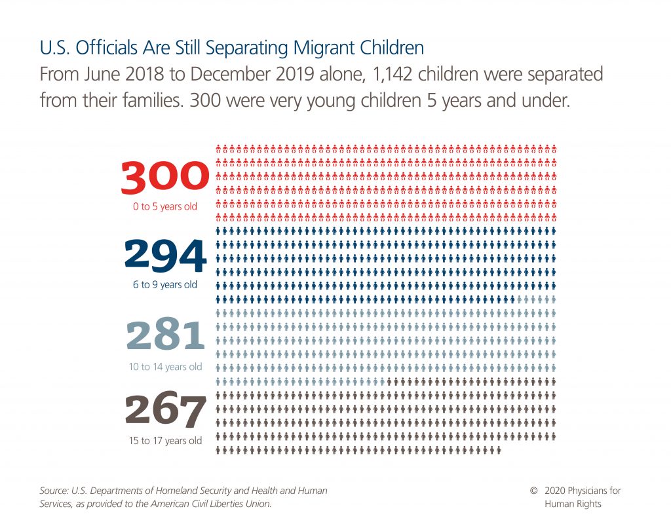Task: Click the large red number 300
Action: pos(165,178)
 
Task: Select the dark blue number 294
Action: pos(165,256)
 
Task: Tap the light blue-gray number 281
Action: pos(165,336)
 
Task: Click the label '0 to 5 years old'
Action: pos(165,207)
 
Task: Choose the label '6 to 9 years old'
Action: pos(165,285)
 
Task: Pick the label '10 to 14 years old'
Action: pos(165,367)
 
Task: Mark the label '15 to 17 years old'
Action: pos(165,441)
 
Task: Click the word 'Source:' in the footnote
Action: pos(56,491)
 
